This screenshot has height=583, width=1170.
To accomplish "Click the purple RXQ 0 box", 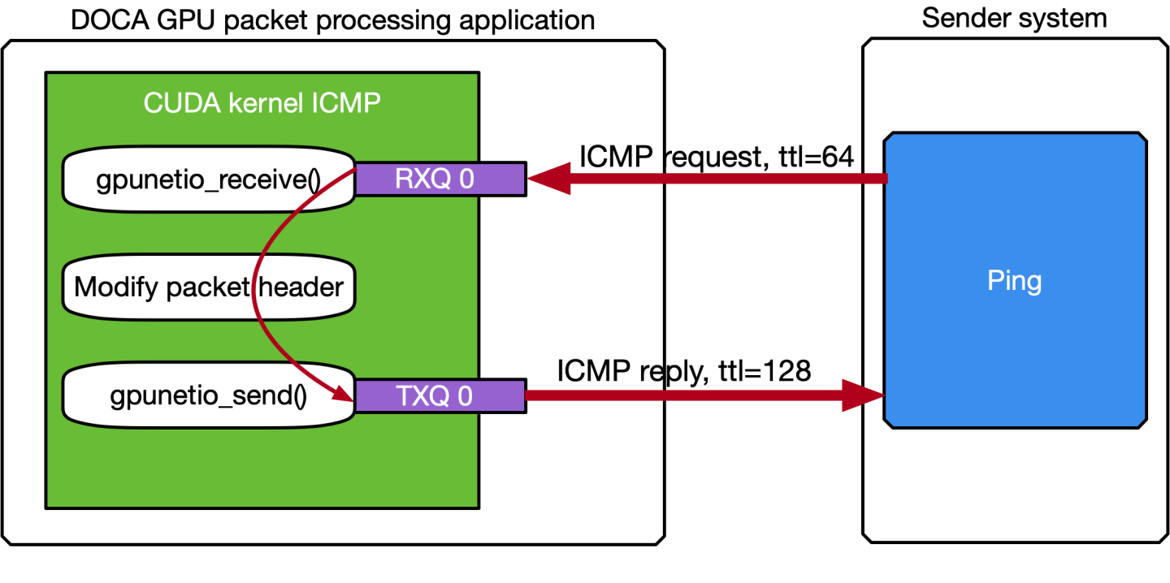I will tap(440, 179).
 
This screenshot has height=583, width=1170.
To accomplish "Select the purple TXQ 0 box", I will tap(440, 395).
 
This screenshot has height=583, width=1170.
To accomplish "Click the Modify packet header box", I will tap(209, 287).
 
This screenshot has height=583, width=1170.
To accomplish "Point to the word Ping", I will tap(1014, 281).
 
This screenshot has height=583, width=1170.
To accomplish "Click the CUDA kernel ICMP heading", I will tap(262, 103).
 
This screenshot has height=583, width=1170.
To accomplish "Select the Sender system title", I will tap(1014, 18).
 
